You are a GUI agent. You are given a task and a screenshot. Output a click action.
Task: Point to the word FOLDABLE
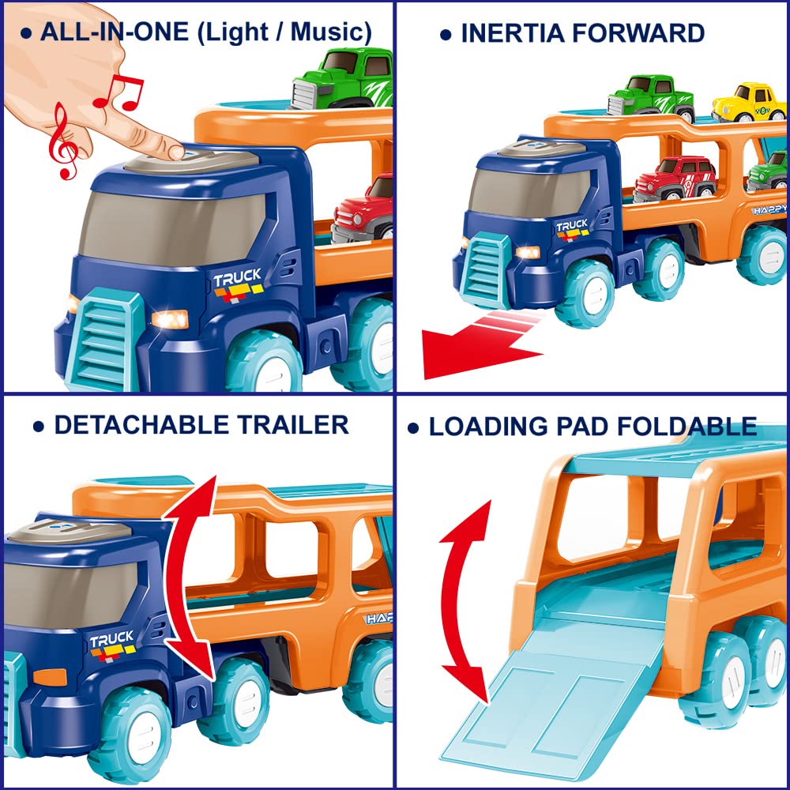687,427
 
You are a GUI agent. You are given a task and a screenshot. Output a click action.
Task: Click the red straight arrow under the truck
483,344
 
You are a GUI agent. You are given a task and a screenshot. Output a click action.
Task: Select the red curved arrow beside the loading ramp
466,602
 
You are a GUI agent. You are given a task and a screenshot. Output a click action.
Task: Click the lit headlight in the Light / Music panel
171,319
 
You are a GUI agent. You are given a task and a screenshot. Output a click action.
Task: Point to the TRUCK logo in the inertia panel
572,229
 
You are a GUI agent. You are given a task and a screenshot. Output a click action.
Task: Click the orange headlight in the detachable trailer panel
50,677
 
